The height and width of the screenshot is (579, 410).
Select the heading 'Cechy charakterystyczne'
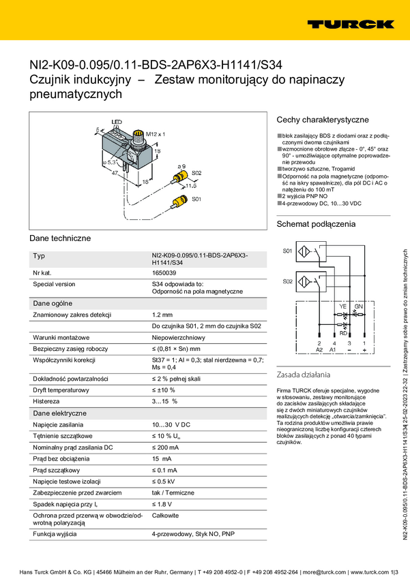322,119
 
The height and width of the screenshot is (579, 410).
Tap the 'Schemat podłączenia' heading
316,224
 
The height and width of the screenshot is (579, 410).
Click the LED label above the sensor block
117,122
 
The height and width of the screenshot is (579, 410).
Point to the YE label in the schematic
343,307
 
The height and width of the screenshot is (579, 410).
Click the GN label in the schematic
360,307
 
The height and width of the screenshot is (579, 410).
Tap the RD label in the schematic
344,333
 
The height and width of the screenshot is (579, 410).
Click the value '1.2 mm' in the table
162,315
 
